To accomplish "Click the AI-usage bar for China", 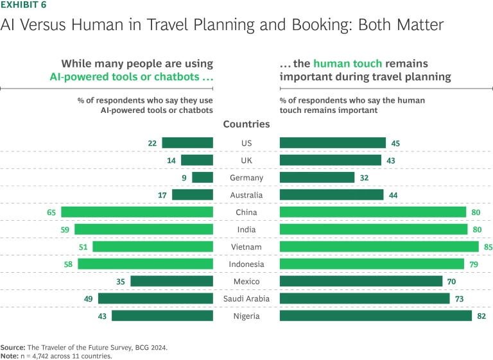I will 137,212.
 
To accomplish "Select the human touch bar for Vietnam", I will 379,247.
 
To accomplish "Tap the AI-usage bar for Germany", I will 202,178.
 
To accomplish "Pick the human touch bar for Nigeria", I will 376,316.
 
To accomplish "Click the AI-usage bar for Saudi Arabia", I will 155,298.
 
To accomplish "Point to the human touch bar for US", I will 333,143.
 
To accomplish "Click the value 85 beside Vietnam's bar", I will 489,247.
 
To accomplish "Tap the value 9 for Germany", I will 184,178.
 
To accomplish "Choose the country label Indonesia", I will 246,264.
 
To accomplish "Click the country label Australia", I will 246,195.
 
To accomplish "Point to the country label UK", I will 246,160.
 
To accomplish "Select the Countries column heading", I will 246,124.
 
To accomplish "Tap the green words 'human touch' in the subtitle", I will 347,64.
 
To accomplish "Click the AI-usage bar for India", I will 144,230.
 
